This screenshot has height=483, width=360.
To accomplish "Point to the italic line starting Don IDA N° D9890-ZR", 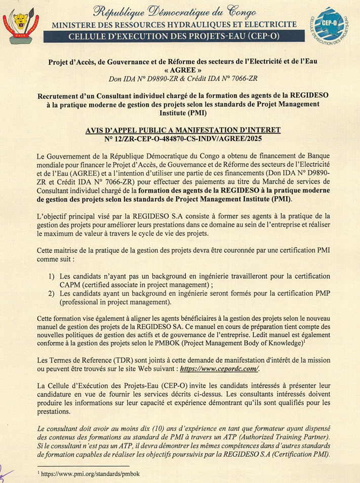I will (x=183, y=79).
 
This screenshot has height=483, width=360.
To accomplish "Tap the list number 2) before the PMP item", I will (x=51, y=293).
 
